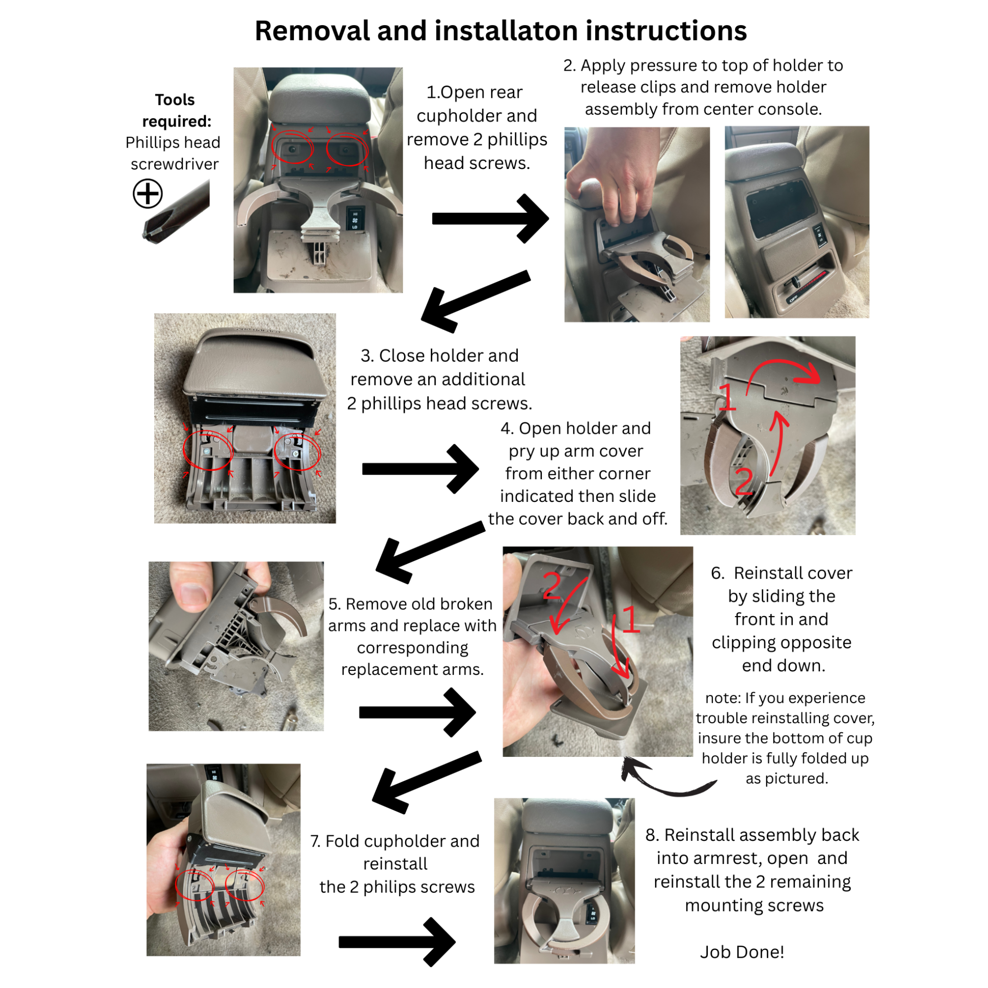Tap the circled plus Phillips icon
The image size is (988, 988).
148,193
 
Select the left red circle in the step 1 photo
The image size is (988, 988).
292,148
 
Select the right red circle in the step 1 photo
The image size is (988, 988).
347,149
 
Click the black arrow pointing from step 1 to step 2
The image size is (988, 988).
490,218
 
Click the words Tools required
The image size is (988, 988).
175,111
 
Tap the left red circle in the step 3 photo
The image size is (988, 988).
207,451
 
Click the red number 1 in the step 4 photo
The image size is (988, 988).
727,397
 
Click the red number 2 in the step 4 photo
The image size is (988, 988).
744,481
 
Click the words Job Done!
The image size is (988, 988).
742,952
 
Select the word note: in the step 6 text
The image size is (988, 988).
723,698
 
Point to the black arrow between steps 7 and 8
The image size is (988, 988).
397,942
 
